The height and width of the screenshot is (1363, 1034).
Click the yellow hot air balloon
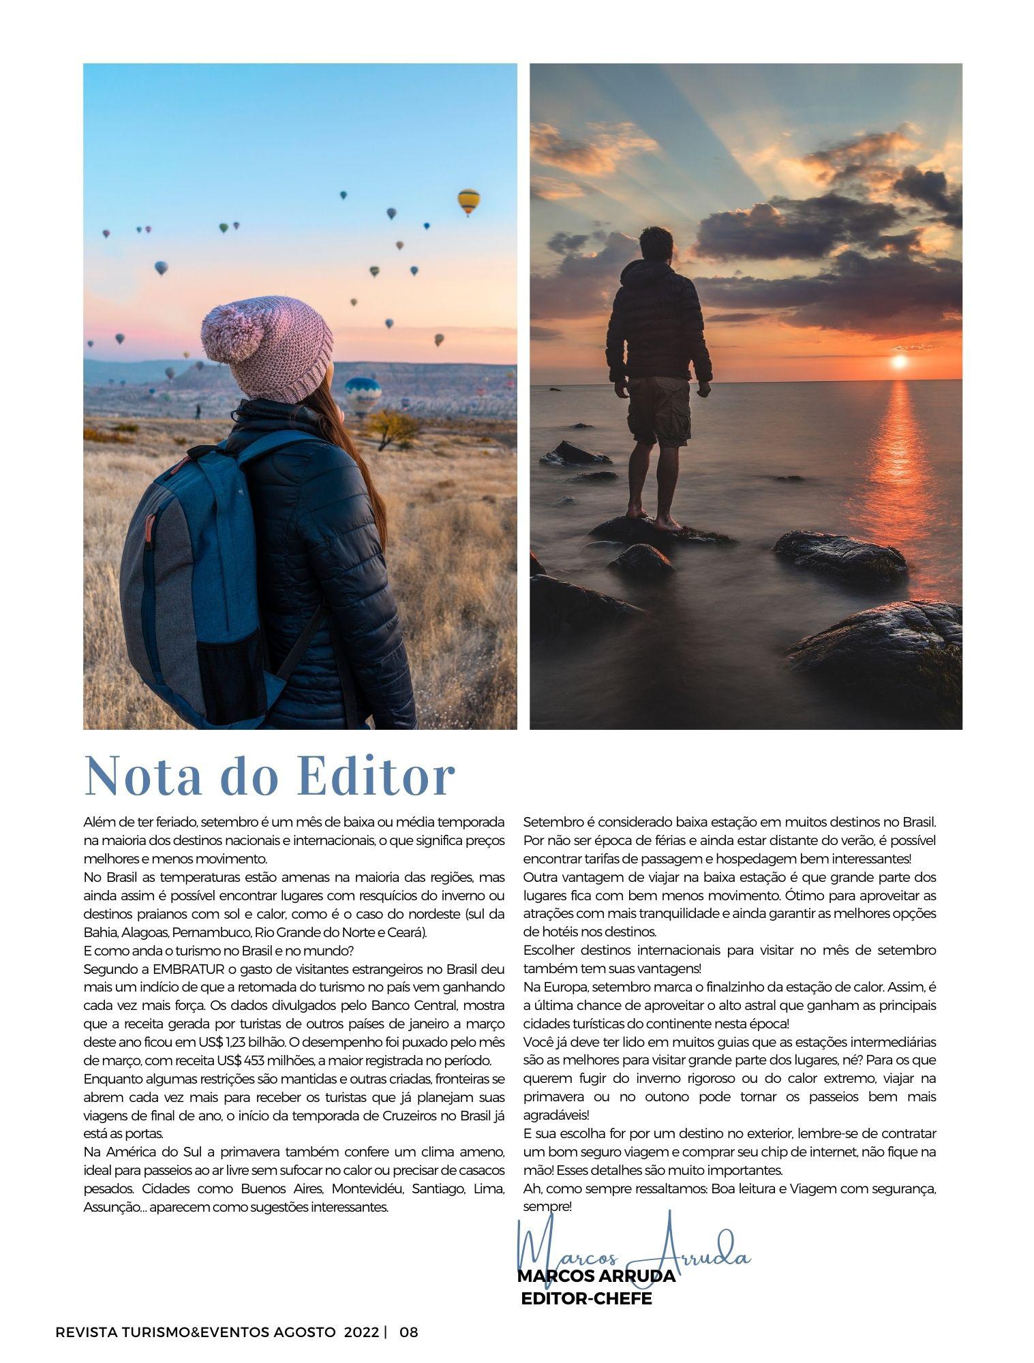coord(468,200)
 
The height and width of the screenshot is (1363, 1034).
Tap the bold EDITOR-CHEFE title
coord(586,1298)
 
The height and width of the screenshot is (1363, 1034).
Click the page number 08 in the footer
coord(409,1331)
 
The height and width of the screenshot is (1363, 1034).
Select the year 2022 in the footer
coord(361,1331)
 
